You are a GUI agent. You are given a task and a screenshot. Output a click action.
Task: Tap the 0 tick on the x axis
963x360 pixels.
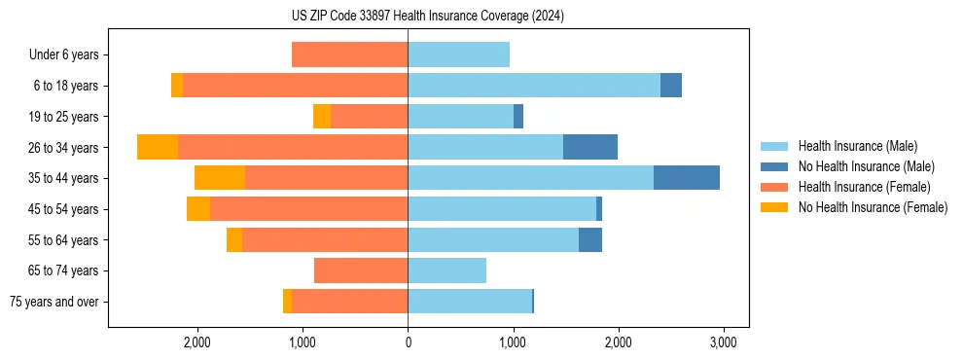(x=408, y=342)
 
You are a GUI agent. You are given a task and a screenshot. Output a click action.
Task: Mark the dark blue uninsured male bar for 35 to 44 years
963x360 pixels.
(x=687, y=178)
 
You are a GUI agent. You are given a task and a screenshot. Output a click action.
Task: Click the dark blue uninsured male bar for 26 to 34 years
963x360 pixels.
(x=590, y=147)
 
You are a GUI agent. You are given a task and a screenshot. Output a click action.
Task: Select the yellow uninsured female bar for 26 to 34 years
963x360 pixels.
(x=158, y=147)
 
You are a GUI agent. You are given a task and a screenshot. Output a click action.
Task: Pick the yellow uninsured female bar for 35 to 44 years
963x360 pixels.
(x=220, y=178)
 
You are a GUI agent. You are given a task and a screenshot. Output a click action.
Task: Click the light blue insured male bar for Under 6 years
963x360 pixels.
(x=458, y=55)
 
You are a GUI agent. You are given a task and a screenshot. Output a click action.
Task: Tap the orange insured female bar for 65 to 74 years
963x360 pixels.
(x=361, y=270)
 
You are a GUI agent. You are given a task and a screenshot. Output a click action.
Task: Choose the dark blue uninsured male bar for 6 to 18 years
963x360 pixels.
(x=671, y=86)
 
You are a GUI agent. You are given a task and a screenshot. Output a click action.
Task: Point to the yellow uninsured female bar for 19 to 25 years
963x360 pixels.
(x=322, y=117)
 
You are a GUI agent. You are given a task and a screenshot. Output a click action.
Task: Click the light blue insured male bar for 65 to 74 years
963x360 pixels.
(x=446, y=270)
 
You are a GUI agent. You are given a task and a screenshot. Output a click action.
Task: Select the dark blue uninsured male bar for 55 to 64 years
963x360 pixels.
(x=590, y=239)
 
